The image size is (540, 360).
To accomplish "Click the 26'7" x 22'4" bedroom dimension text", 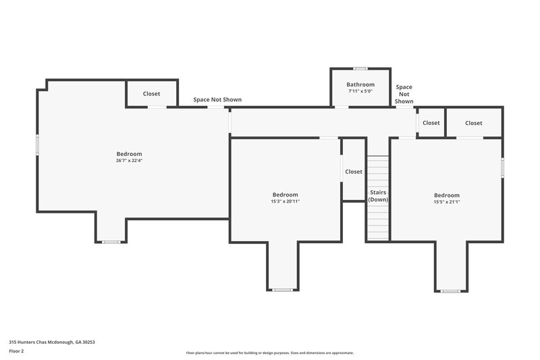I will (x=129, y=161).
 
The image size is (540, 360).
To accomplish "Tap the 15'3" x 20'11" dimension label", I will (x=285, y=201).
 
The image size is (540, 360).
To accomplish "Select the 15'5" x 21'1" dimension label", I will (x=446, y=202).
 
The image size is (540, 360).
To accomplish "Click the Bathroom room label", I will (x=360, y=84).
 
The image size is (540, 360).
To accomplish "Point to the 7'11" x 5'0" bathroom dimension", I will (x=360, y=91).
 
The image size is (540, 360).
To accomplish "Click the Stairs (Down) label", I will (x=378, y=196).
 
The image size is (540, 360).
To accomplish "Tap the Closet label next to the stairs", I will (x=354, y=172).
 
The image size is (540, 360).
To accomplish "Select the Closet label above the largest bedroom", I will (x=152, y=94).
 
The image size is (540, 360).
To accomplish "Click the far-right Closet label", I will (x=473, y=123).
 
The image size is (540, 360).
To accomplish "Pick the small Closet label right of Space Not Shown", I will (x=431, y=123).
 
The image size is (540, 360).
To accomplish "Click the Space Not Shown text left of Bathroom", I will (x=217, y=100).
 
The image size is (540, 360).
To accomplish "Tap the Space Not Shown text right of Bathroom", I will (x=404, y=94).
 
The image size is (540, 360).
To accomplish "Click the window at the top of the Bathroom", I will (x=360, y=68).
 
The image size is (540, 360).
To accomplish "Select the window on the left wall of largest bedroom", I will (x=37, y=145).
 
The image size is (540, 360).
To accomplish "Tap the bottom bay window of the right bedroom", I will (x=450, y=291).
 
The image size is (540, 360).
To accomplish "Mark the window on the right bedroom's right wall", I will (x=502, y=168).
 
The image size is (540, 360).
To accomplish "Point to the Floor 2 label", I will (x=16, y=351).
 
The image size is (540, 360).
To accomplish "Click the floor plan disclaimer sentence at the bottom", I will (x=269, y=353).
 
